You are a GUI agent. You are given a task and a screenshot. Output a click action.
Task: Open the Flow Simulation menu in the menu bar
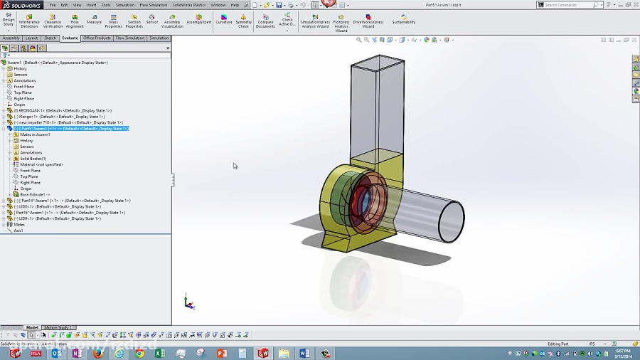[x=153, y=5]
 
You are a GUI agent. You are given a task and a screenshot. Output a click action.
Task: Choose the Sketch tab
[x=50, y=38]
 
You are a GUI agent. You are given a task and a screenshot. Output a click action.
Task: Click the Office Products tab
[x=97, y=38]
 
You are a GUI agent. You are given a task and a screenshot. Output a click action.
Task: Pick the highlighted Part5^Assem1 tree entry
[x=71, y=129]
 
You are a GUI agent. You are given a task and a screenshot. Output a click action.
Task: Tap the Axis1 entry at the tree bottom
[x=18, y=231]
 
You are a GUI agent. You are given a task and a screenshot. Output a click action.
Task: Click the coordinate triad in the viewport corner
[x=188, y=303]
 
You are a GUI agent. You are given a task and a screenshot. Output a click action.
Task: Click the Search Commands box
[x=569, y=5]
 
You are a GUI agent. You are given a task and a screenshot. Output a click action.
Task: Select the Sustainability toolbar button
[x=404, y=20]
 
